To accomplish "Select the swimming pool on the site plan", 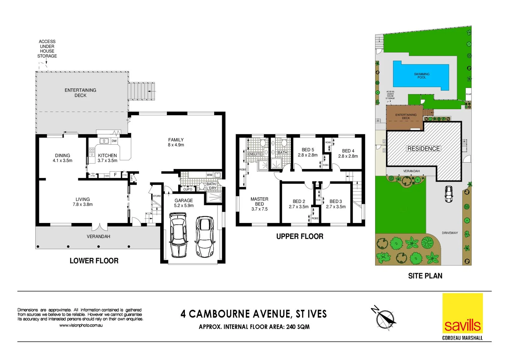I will point(421,75).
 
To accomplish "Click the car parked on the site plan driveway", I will point(449,194).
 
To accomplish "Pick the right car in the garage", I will point(204,237).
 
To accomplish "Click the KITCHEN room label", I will point(107,158).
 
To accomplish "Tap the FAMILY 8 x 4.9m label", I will point(176,142).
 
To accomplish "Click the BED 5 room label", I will point(307,152).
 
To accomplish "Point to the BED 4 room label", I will point(348,153).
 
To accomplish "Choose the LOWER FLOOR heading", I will point(94,261).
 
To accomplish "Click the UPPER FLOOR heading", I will point(299,236).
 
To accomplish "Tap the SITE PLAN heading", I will point(425,276).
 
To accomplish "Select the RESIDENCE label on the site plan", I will point(423,149).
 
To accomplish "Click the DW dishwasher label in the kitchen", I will point(114,141).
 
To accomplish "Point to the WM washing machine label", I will point(209,175).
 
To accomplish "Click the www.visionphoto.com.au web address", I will point(81,325).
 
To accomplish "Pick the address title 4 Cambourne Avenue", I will point(254,314).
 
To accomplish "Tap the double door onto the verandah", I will point(99,227).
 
